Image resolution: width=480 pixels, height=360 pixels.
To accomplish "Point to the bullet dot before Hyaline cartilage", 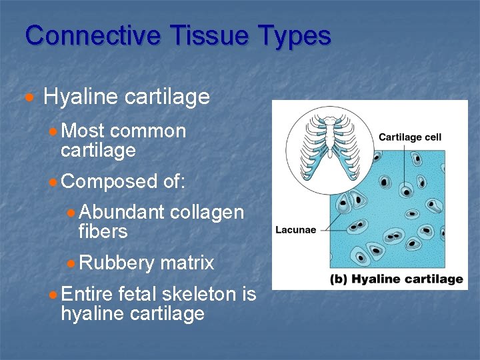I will coord(28,98).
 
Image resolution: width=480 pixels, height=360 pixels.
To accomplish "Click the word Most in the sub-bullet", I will coord(83,131).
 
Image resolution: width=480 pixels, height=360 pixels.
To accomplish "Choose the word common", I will coord(148,131).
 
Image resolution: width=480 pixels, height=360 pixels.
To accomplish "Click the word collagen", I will coord(207,213).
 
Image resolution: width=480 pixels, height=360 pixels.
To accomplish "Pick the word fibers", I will coord(102,231).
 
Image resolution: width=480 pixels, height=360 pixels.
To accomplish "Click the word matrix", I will coord(187,263).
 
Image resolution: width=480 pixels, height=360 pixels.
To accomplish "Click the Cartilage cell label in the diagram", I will coord(409,137).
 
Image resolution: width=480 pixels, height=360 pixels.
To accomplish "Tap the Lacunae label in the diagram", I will coord(295,230).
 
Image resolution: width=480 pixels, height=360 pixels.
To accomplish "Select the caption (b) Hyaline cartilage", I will coord(396,279).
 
